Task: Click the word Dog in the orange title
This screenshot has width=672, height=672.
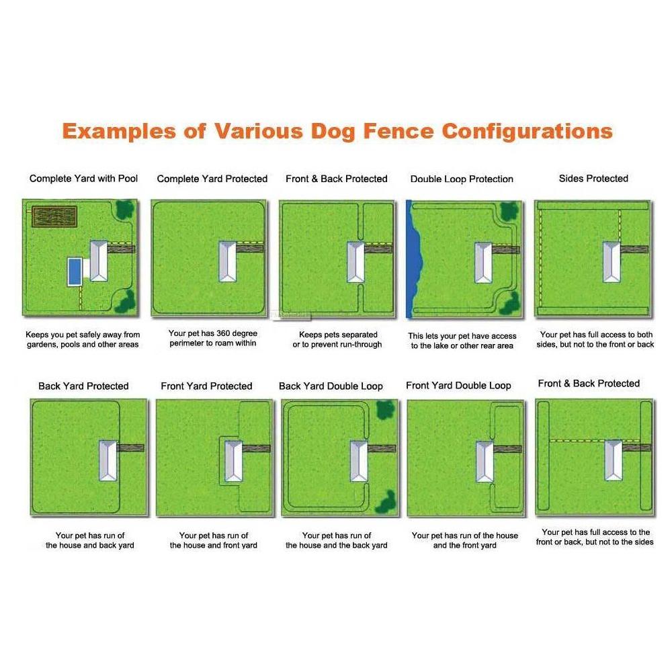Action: pos(333,132)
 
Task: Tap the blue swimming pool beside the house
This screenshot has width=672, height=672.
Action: pos(75,271)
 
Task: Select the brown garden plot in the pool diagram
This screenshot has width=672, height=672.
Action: pos(54,216)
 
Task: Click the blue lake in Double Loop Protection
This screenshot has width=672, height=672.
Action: pos(413,259)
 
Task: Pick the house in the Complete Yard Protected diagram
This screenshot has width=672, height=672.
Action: pos(228,261)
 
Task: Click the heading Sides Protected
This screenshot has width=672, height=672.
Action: pos(593,178)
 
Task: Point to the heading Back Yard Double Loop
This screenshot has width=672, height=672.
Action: pos(331,386)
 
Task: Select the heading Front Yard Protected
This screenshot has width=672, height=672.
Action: pos(206,386)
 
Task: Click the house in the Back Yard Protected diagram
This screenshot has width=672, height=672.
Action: pos(108,460)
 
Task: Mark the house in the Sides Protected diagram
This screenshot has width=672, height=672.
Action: pos(612,261)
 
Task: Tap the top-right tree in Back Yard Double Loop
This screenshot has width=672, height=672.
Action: pos(385,410)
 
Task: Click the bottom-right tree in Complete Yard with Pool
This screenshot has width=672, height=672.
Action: pos(126,302)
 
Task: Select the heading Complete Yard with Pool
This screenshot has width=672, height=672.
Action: pos(83,178)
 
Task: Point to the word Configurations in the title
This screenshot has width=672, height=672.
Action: pos(527,132)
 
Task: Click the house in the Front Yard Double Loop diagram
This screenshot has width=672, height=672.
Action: pos(485,462)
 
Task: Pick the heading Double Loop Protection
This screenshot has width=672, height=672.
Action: pos(462,179)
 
